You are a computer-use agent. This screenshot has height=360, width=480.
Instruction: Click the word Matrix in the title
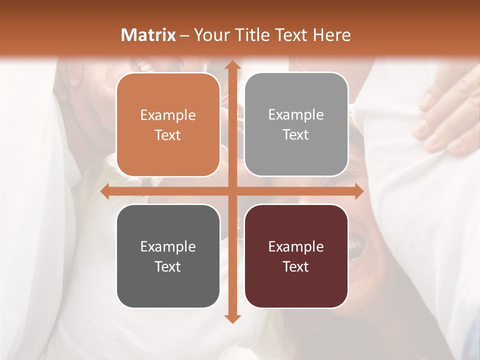(x=148, y=35)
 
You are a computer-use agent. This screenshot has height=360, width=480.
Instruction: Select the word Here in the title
(x=331, y=35)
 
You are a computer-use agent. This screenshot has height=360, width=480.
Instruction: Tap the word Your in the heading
(x=210, y=35)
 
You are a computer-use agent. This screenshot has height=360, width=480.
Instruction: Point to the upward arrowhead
(x=231, y=65)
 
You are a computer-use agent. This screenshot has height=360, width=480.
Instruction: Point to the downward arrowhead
(x=231, y=318)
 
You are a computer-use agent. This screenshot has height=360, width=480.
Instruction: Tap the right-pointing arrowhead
(x=358, y=191)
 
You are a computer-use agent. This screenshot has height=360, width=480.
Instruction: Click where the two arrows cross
(x=231, y=191)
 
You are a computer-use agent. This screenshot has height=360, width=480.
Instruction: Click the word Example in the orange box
(x=168, y=115)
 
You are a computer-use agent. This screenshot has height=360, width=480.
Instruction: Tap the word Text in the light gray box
(x=296, y=135)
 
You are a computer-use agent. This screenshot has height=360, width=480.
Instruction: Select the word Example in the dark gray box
(x=168, y=246)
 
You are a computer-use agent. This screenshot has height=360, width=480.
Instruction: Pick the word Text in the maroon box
(x=296, y=266)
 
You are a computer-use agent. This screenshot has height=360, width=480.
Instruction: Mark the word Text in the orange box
(x=168, y=135)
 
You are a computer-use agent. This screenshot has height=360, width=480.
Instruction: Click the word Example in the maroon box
(x=296, y=246)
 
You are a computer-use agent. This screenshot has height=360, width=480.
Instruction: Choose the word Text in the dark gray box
(x=168, y=266)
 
